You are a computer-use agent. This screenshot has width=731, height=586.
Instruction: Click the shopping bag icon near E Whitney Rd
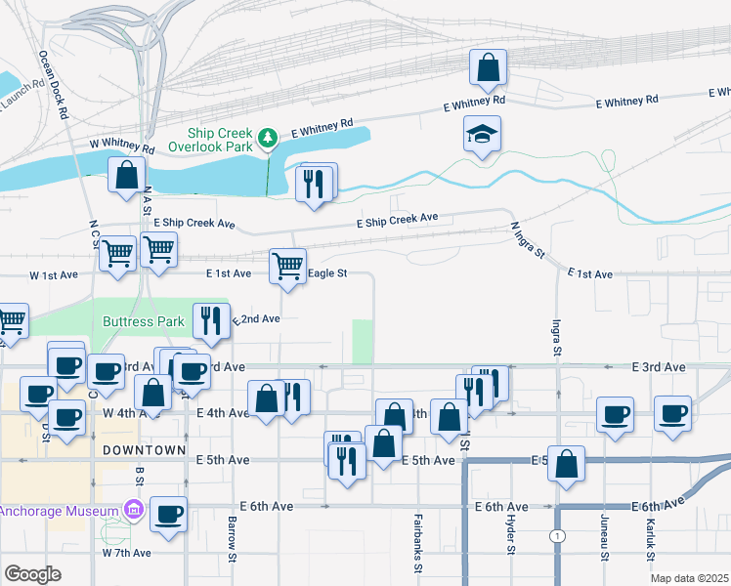tap(488, 68)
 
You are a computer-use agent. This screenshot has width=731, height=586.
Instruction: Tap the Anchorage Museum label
tap(60, 510)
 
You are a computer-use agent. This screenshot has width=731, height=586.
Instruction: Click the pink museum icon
tap(133, 510)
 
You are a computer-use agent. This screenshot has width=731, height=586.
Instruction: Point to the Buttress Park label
tap(144, 321)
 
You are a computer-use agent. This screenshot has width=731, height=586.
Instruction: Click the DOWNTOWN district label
tap(144, 450)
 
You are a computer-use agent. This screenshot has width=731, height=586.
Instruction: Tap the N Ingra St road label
tap(528, 239)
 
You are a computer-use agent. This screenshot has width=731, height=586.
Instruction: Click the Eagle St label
tap(327, 274)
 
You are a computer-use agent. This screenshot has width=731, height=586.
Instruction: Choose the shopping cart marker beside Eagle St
tap(287, 267)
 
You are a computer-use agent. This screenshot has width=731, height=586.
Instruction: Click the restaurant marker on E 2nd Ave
tap(211, 319)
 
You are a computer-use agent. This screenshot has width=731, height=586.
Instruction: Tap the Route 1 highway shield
tap(557, 536)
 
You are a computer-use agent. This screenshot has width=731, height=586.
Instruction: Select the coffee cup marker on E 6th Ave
tap(169, 514)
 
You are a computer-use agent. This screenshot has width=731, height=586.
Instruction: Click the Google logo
tap(32, 574)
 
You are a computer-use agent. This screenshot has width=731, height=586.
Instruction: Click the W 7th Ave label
tap(127, 553)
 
